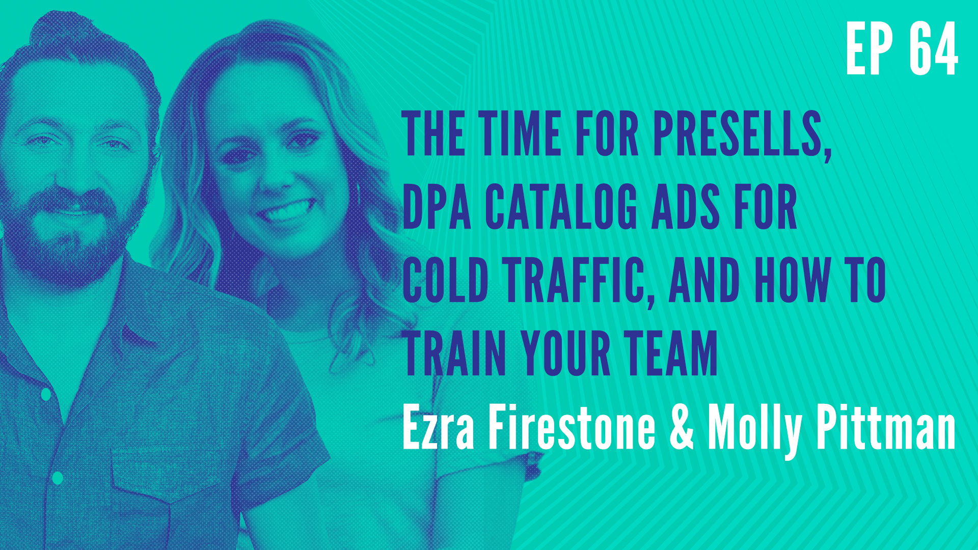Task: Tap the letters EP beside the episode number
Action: click(x=870, y=50)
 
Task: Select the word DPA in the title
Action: click(x=437, y=207)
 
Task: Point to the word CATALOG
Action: click(x=561, y=207)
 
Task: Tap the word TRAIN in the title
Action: click(x=455, y=353)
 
